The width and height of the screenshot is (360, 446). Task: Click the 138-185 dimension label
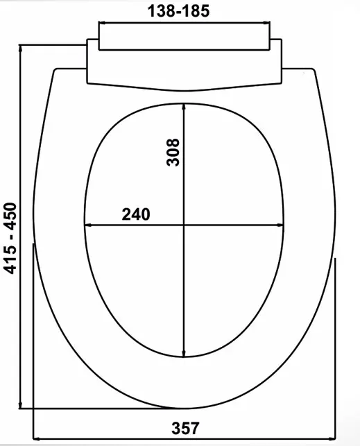pos(178,11)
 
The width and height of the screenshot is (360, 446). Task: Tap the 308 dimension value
pos(173,152)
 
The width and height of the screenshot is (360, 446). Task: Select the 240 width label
pos(136,214)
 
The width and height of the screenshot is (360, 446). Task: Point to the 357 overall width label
pos(185,428)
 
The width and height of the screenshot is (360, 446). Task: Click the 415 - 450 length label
pos(11,238)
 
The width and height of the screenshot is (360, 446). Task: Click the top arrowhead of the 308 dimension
pos(184,107)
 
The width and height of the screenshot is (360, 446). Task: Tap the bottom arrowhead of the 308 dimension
pos(184,353)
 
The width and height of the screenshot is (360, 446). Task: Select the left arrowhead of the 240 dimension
pos(88,225)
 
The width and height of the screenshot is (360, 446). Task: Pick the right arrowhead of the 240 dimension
pos(280,225)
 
